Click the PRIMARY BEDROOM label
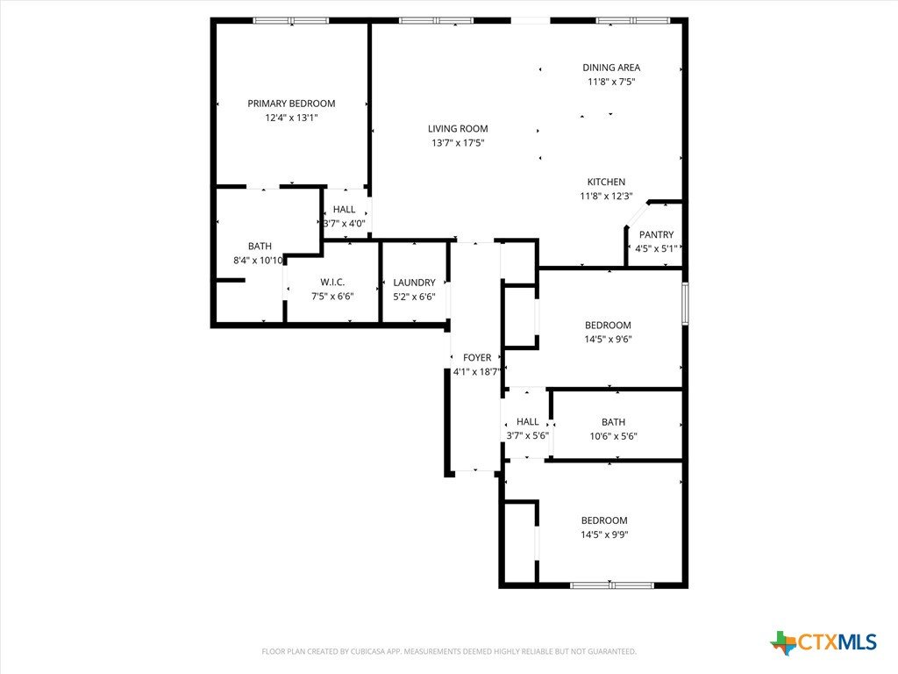pyautogui.click(x=291, y=104)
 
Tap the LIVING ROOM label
pyautogui.click(x=458, y=129)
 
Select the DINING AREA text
pyautogui.click(x=611, y=68)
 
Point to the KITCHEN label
pyautogui.click(x=606, y=183)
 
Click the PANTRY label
pyautogui.click(x=656, y=235)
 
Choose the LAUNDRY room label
pyautogui.click(x=414, y=283)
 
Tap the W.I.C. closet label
pyautogui.click(x=332, y=282)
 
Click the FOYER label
pyautogui.click(x=477, y=358)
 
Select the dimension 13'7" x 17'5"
pyautogui.click(x=458, y=143)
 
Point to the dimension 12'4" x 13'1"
pyautogui.click(x=291, y=118)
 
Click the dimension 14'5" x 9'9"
pyautogui.click(x=604, y=534)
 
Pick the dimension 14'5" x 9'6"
pyautogui.click(x=608, y=340)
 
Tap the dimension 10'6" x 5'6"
pyautogui.click(x=613, y=436)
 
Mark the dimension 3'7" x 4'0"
pyautogui.click(x=344, y=224)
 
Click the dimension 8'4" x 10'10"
pyautogui.click(x=259, y=261)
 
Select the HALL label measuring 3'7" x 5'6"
pyautogui.click(x=527, y=422)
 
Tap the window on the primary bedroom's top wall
pyautogui.click(x=291, y=21)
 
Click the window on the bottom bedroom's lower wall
pyautogui.click(x=611, y=585)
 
